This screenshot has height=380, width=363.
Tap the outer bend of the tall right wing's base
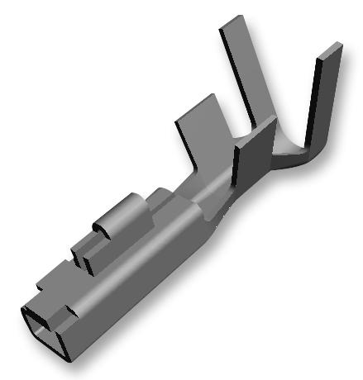click(306, 157)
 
